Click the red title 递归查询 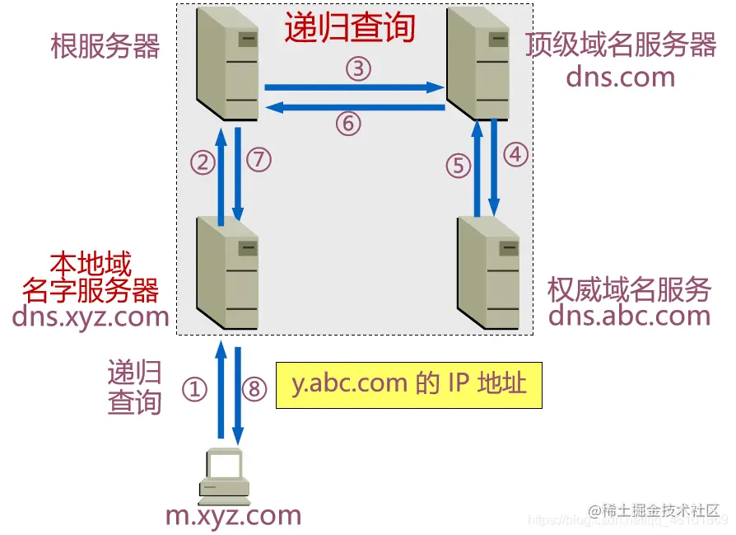350,27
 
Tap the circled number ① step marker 194,389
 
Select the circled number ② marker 203,162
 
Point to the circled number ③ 358,69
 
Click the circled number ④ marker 515,154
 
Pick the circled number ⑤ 459,166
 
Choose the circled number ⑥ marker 348,124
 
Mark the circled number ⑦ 259,159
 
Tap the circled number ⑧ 255,389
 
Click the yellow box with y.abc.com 409,385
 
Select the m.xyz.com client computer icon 224,477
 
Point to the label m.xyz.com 233,516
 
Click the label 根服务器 105,46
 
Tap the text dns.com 620,77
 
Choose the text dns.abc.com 630,315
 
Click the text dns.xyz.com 91,317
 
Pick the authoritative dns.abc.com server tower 488,272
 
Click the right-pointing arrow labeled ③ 354,86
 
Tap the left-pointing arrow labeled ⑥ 354,106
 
